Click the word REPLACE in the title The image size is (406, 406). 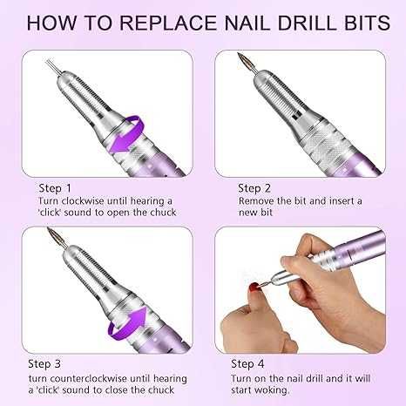pos(168,23)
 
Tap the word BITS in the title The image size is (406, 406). pos(368,23)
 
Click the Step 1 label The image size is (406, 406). pos(55,189)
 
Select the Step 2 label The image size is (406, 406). pos(254,189)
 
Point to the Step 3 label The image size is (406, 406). pos(44,363)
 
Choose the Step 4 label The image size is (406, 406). pos(247,363)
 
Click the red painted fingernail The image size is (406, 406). pos(255,288)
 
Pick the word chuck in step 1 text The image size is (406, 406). pos(163,213)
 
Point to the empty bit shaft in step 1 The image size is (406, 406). pos(52,66)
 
